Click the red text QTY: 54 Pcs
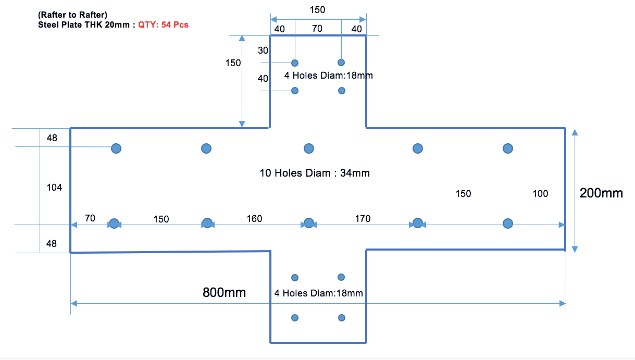pos(163,24)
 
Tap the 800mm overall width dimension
pos(224,292)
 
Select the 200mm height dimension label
pos(601,193)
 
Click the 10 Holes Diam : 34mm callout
pos(315,173)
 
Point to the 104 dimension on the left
pos(54,188)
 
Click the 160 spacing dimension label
pos(254,218)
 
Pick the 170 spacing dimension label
pos(363,218)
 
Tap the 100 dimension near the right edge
pos(540,194)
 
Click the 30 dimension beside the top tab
pos(263,51)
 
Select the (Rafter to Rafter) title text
pos(72,15)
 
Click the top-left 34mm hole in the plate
pos(116,148)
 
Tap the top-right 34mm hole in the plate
pos(508,148)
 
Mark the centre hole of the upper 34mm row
pos(309,148)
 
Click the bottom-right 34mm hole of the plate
pos(508,224)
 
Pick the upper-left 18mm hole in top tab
pos(295,63)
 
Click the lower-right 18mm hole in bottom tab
pos(342,318)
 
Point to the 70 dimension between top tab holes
pos(317,29)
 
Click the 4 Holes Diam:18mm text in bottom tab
pos(319,293)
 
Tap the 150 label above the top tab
pos(318,10)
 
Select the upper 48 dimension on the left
pos(52,138)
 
